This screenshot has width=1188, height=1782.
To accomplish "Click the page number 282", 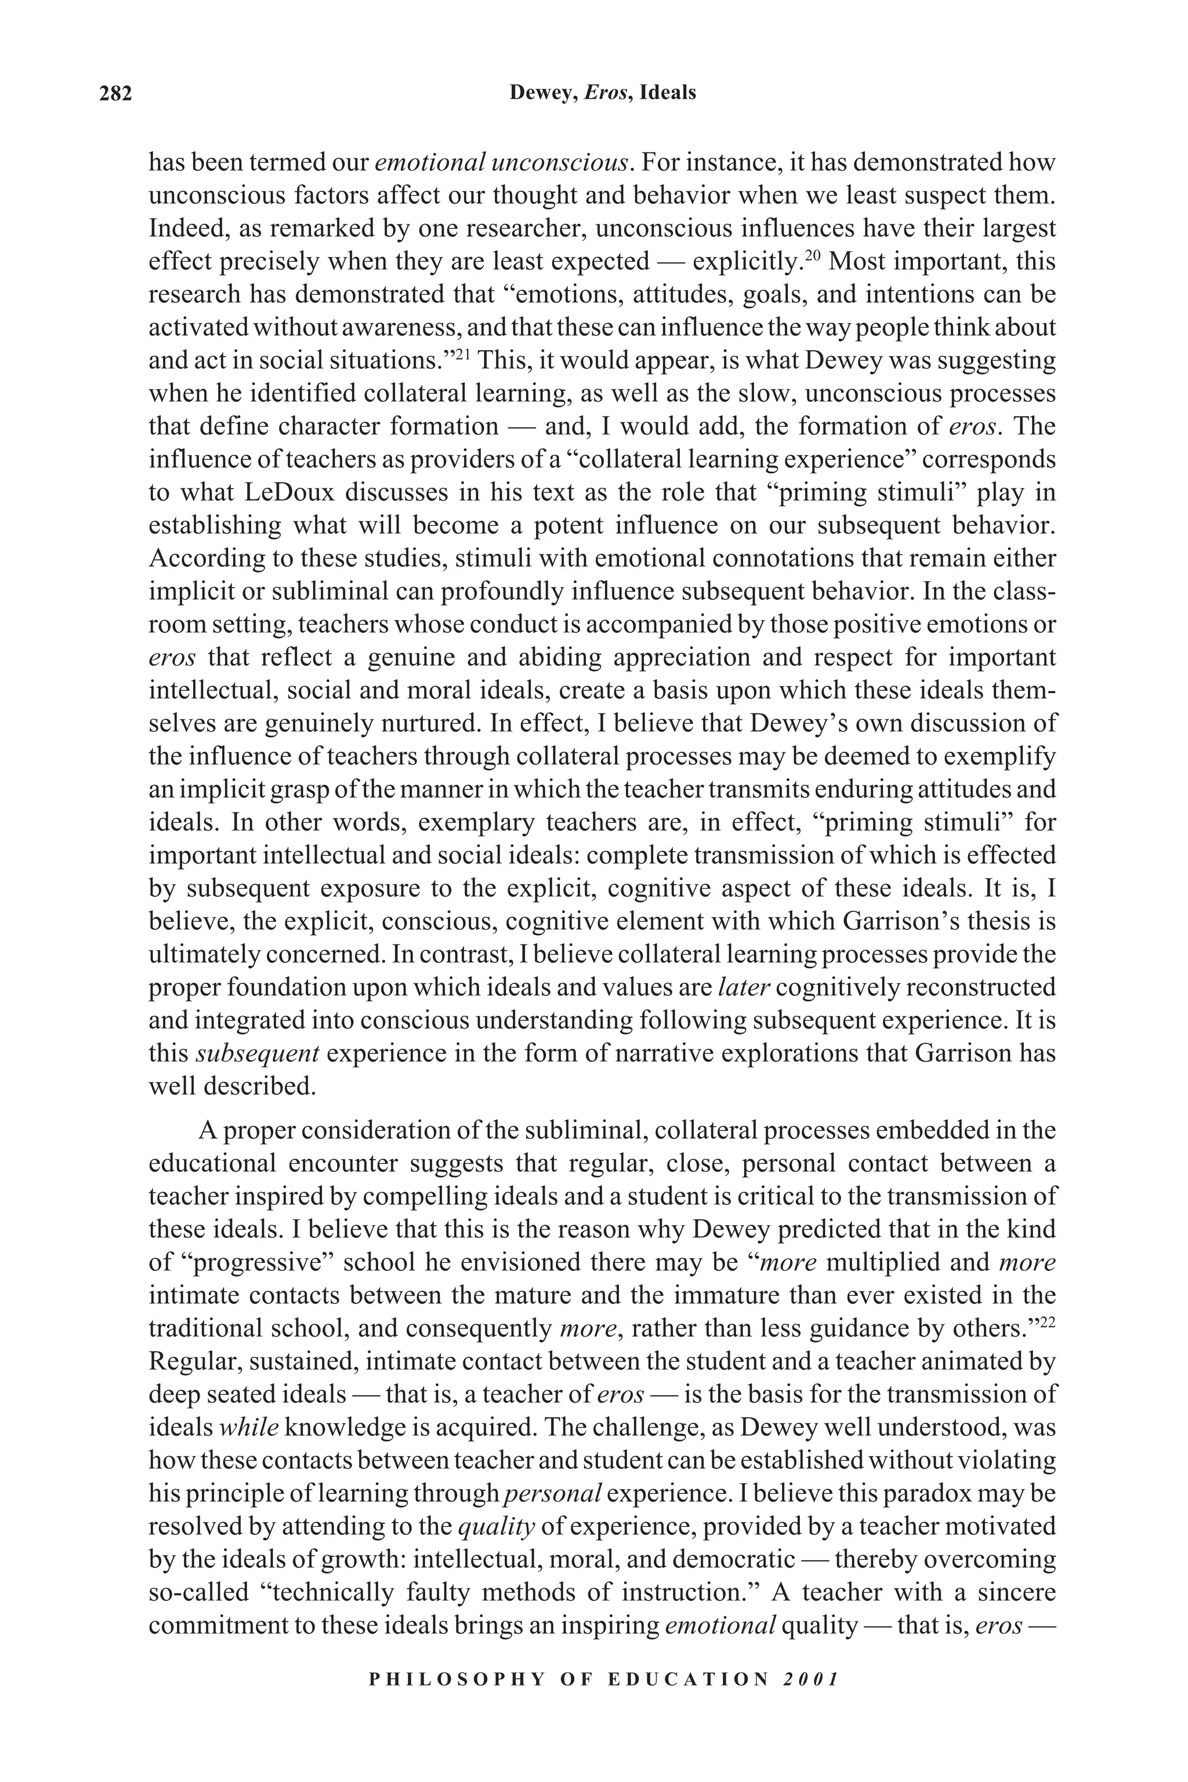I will tap(116, 94).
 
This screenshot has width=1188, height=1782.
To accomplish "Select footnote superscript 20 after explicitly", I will tap(812, 255).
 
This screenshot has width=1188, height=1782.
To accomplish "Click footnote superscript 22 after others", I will tap(1048, 1323).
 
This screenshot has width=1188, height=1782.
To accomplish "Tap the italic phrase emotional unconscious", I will tap(503, 162).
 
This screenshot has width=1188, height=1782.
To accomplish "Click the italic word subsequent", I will tap(258, 1053).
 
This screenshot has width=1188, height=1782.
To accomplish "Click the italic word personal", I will tap(552, 1493).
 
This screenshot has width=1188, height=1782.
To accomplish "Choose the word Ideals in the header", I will tap(668, 93).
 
